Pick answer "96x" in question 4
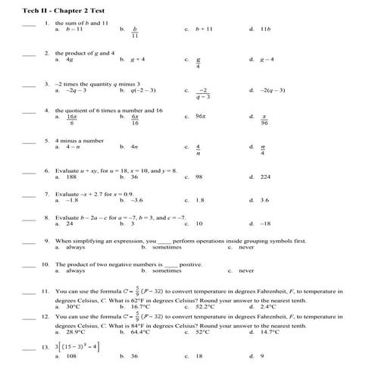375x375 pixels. pyautogui.click(x=201, y=117)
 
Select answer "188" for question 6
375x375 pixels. pyautogui.click(x=72, y=177)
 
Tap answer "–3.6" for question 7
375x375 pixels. pyautogui.click(x=136, y=201)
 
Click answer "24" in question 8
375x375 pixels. pyautogui.click(x=70, y=224)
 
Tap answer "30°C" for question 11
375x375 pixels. pyautogui.click(x=73, y=307)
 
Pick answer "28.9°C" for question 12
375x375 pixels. pyautogui.click(x=75, y=332)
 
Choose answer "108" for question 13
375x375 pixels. pyautogui.click(x=72, y=355)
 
